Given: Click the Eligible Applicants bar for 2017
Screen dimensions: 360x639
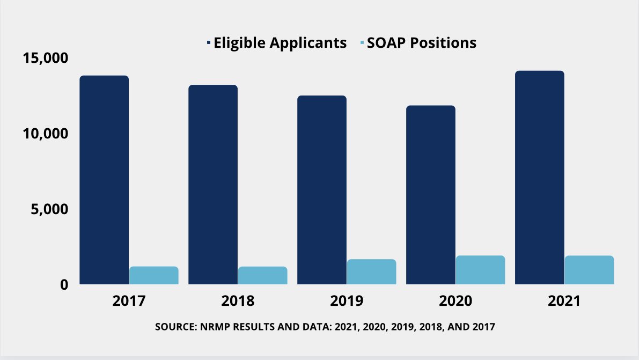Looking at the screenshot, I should pyautogui.click(x=104, y=180).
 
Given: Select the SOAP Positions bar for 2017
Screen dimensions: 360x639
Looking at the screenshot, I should pyautogui.click(x=153, y=275).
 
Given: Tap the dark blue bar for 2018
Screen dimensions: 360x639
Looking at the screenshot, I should pyautogui.click(x=213, y=185).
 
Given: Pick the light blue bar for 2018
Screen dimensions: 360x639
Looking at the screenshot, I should pyautogui.click(x=262, y=275).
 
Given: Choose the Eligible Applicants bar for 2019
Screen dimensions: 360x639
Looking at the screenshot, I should pyautogui.click(x=322, y=190).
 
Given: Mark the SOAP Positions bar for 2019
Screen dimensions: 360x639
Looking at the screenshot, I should pyautogui.click(x=371, y=271).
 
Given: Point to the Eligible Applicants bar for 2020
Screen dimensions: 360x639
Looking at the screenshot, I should pyautogui.click(x=431, y=195).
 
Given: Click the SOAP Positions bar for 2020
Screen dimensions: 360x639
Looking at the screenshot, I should pyautogui.click(x=480, y=270).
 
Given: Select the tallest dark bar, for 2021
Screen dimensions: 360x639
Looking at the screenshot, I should pyautogui.click(x=539, y=178).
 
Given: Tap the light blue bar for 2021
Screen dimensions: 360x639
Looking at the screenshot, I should pyautogui.click(x=589, y=270).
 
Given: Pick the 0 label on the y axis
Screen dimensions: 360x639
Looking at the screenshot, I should pyautogui.click(x=64, y=284).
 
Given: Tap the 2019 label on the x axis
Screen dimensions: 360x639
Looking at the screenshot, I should pyautogui.click(x=347, y=300).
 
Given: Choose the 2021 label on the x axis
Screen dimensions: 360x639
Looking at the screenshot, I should pyautogui.click(x=564, y=300).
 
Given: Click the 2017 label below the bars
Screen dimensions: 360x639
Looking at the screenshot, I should pyautogui.click(x=129, y=300).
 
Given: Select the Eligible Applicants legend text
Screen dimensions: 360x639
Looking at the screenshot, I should pyautogui.click(x=280, y=43).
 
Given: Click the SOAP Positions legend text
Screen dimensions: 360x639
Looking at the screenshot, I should pyautogui.click(x=421, y=43).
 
